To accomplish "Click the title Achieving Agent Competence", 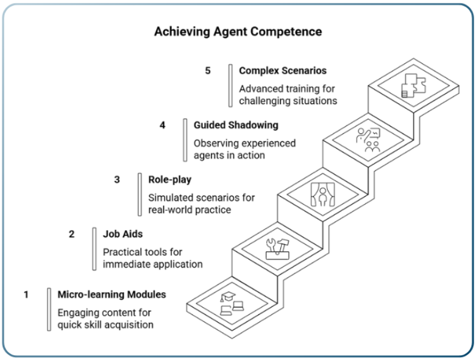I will (238, 31).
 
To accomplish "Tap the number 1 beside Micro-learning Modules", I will (26, 295).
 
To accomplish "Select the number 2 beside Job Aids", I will (71, 234).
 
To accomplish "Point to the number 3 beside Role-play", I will (117, 180).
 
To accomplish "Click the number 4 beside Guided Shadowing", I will (162, 125).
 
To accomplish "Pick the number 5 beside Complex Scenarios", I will (208, 71).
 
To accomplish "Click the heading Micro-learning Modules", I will (112, 295).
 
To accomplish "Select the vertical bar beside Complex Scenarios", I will (230, 85).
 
